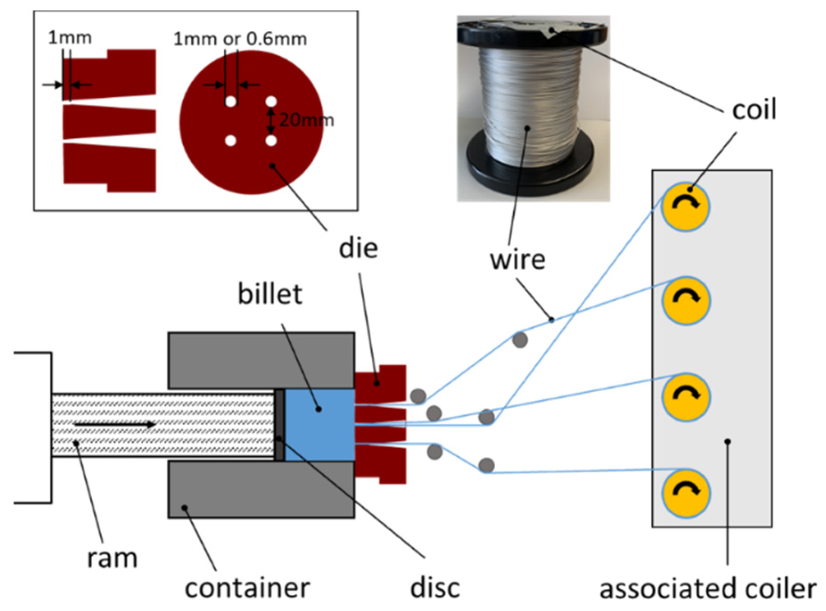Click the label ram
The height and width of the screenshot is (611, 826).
(112, 558)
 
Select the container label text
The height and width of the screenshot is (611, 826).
(247, 588)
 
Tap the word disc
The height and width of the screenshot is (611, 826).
(435, 588)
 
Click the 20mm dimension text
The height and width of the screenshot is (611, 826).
(306, 120)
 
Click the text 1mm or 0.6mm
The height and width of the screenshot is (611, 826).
(240, 39)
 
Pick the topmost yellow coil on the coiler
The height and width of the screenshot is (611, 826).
(685, 207)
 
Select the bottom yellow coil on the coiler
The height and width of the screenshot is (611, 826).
(685, 493)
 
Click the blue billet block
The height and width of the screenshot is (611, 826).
(320, 425)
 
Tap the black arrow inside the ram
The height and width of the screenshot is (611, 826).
(115, 424)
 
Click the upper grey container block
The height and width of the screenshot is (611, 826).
(261, 360)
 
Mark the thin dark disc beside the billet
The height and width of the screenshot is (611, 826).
(279, 425)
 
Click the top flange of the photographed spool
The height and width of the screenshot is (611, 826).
(533, 31)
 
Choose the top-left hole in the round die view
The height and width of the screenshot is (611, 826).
(230, 102)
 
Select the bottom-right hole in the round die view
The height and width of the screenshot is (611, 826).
(271, 141)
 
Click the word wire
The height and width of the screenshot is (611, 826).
(517, 259)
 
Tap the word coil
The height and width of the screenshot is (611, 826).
(754, 109)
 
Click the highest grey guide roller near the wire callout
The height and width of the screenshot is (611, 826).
(520, 340)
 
